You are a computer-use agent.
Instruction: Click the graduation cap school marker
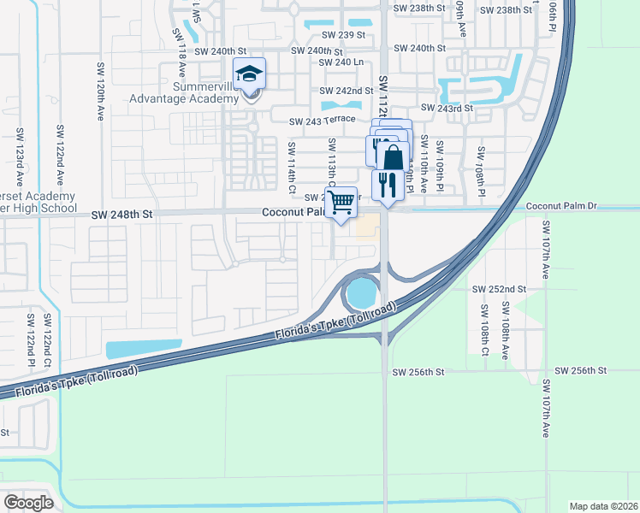(250, 74)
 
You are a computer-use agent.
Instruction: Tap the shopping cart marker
(341, 203)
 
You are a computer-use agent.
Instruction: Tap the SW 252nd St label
(499, 290)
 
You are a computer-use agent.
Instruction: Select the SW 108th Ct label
(484, 339)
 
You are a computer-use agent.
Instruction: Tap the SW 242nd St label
(347, 91)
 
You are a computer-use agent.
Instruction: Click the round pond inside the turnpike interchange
(360, 294)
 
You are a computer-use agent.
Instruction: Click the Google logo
(28, 503)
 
